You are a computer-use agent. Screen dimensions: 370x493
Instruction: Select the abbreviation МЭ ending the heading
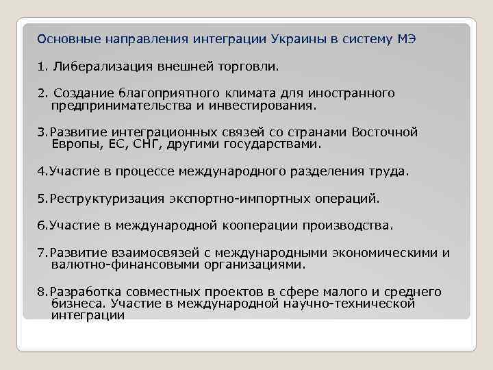click(406, 40)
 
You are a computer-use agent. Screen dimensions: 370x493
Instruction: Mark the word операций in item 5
click(355, 199)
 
